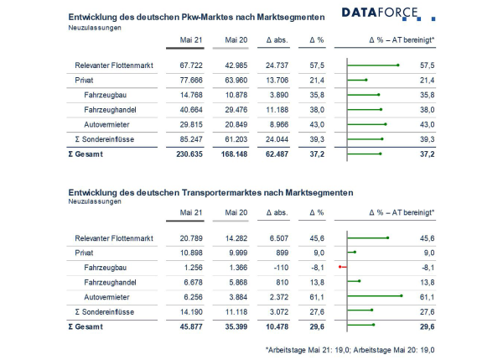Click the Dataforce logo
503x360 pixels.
[388, 13]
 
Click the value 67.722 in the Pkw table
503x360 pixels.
[191, 65]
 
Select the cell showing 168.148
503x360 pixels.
[234, 154]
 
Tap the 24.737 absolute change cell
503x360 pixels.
[277, 65]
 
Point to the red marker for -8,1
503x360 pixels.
[340, 267]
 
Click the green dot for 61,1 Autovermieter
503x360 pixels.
[402, 295]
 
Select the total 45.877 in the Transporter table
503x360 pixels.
[191, 327]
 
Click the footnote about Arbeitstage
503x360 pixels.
[350, 350]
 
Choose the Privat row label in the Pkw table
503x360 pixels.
[84, 81]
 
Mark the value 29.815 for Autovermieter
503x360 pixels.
[191, 124]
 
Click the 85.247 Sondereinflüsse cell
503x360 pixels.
[191, 139]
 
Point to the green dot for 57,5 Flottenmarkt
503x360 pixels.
[398, 65]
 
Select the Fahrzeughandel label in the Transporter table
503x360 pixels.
[110, 283]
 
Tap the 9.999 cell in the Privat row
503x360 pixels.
[238, 253]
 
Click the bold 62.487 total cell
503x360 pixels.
[277, 154]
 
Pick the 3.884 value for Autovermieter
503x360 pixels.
[238, 297]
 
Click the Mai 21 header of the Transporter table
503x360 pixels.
[191, 212]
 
